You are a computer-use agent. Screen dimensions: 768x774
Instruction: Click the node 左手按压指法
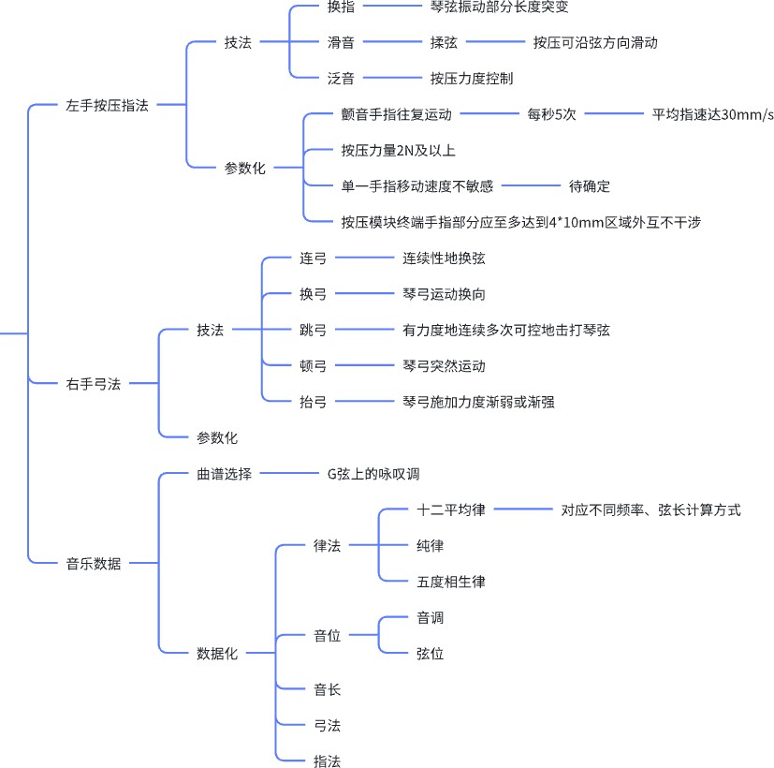pos(107,106)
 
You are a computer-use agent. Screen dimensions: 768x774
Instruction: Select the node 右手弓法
pos(93,383)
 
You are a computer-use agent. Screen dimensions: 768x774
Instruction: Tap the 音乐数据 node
pos(93,563)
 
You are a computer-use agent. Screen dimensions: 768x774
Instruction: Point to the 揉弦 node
pos(444,43)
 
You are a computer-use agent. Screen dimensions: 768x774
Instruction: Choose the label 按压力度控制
pos(471,79)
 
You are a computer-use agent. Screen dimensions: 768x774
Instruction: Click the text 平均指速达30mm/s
pos(713,114)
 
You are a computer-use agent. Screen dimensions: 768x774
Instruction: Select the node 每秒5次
pos(551,114)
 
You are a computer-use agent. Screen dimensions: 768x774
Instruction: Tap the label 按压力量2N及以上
pos(398,150)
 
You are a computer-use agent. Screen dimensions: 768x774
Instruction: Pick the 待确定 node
pos(589,186)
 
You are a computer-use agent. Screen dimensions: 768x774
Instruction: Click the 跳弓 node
pos(313,330)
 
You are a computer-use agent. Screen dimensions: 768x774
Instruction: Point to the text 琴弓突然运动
pos(444,365)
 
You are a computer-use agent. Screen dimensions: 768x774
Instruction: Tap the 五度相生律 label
pos(450,582)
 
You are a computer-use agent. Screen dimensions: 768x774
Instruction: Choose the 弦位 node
pos(430,654)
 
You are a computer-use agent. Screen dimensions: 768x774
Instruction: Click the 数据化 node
pos(216,654)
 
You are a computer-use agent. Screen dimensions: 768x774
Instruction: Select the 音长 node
pos(327,689)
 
